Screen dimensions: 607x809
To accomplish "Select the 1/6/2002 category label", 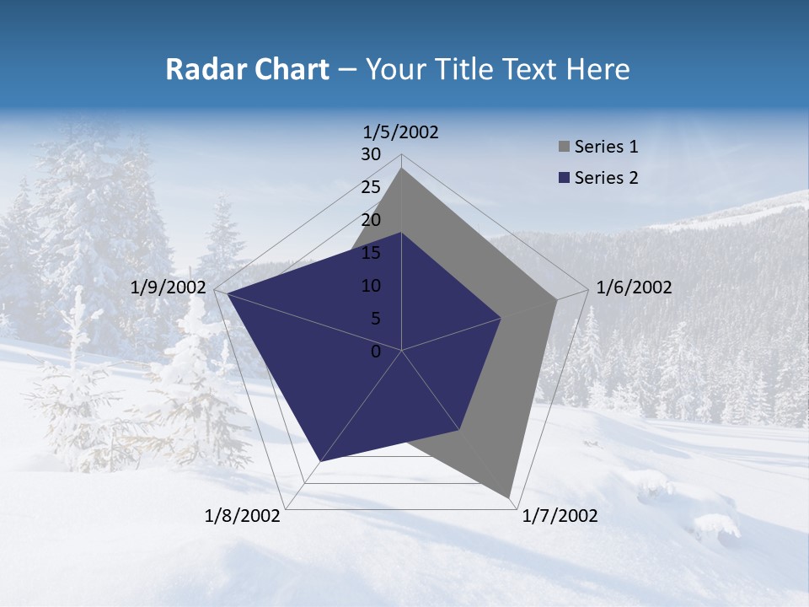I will (634, 287).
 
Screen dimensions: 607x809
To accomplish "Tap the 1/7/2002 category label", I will (560, 516).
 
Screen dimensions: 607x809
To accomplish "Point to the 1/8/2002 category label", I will (243, 516).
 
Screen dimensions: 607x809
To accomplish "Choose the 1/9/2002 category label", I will (169, 287).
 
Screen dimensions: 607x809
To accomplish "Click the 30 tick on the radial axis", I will (371, 154).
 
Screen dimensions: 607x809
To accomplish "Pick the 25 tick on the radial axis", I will (371, 187).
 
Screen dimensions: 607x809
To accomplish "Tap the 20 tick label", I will (371, 220).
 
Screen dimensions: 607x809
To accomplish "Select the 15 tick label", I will (371, 253).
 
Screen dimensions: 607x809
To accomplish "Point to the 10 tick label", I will (371, 286).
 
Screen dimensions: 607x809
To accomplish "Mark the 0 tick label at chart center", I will (376, 352).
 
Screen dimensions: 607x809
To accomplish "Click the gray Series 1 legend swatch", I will (563, 148).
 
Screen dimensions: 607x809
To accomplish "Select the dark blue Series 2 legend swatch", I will (563, 178).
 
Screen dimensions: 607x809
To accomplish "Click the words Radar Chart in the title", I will (247, 69).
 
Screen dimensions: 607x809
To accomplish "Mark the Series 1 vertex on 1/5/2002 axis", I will (402, 168).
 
